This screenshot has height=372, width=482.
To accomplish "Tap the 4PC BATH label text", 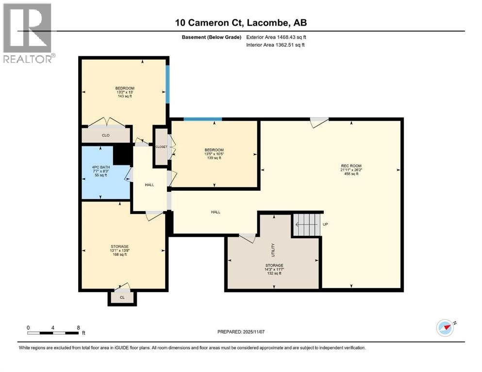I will pos(100,170).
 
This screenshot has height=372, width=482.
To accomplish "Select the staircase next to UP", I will pos(306,224).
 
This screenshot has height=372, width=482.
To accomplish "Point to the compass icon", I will pos(445,328).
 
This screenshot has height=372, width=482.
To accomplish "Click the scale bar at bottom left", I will pos(53,333).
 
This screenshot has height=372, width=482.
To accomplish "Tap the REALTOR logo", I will pos(28,33).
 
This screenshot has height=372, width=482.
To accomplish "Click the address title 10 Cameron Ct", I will pos(241,23).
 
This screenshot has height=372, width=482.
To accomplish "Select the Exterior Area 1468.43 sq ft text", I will pos(276,37).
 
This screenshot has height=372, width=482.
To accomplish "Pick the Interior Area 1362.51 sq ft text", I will pos(276,45).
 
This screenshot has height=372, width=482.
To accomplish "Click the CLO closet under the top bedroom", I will pos(105,136).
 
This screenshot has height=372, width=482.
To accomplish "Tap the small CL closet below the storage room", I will pos(122,297).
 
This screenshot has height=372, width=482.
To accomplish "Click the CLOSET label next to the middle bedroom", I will pos(161,147).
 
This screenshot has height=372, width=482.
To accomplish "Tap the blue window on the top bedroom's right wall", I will pos(168,84).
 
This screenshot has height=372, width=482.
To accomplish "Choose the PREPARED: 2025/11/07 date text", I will pos(241,332).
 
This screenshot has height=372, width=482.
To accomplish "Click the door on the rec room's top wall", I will pos(319,121).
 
